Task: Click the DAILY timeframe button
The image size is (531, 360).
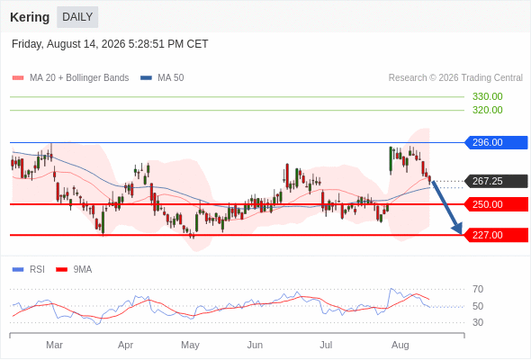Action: (77, 17)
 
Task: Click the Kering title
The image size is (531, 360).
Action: (30, 17)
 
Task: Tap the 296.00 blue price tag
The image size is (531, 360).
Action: (496, 142)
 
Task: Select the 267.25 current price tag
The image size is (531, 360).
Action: (496, 181)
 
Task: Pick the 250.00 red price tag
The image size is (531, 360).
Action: (496, 204)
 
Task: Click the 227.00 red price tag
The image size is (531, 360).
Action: (496, 235)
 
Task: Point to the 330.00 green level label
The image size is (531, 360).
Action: (487, 96)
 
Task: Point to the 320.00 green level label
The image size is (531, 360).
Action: (487, 110)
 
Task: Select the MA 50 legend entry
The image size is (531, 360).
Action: (162, 78)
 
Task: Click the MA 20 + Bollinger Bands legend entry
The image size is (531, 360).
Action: (70, 78)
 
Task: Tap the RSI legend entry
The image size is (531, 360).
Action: (29, 270)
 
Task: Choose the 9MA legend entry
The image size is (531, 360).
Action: (74, 270)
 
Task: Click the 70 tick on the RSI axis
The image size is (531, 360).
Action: (478, 289)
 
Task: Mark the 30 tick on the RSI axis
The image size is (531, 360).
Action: (478, 322)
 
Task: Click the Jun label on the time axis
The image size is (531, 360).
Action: (255, 345)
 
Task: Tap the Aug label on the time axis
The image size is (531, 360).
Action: (400, 345)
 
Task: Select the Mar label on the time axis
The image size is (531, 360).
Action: (54, 345)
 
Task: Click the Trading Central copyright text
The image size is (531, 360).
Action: (455, 78)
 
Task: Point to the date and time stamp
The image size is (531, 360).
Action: (110, 44)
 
